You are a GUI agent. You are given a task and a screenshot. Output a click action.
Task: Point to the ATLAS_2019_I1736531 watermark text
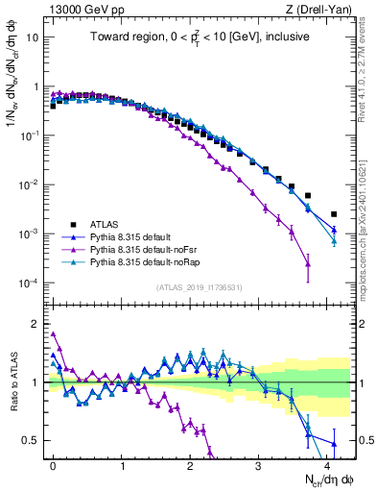199,287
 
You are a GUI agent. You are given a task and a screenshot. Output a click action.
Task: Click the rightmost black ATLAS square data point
334,214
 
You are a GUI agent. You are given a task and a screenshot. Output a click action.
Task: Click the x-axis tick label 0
53,464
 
